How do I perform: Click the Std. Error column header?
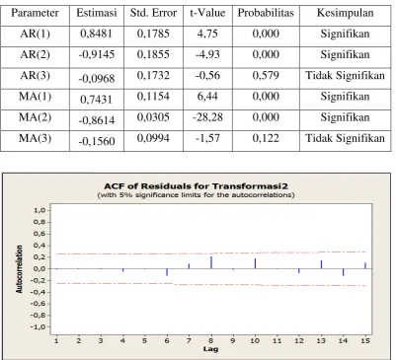(x=153, y=13)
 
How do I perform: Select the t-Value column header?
(x=207, y=13)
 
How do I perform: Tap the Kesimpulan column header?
(x=345, y=13)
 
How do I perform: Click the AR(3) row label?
(x=35, y=76)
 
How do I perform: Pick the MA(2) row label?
(x=35, y=117)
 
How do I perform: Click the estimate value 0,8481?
(x=97, y=34)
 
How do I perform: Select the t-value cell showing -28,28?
(x=207, y=117)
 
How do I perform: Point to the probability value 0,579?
(x=266, y=76)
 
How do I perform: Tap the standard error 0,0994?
(x=153, y=138)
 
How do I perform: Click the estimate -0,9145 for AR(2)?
(x=97, y=54)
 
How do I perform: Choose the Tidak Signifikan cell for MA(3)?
(x=345, y=138)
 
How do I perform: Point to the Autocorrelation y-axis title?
(x=20, y=269)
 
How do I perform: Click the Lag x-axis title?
(x=210, y=349)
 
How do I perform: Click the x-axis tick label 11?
(x=277, y=340)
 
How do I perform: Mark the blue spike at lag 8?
(x=211, y=262)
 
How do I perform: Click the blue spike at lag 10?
(x=255, y=263)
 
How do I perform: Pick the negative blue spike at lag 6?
(x=167, y=272)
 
